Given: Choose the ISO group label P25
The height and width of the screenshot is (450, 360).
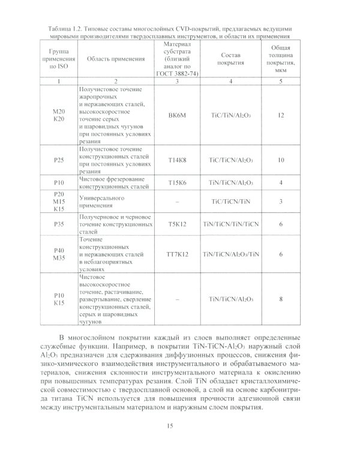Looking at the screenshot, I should point(58,160).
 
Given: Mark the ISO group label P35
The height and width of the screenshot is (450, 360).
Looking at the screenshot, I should point(58,224).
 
